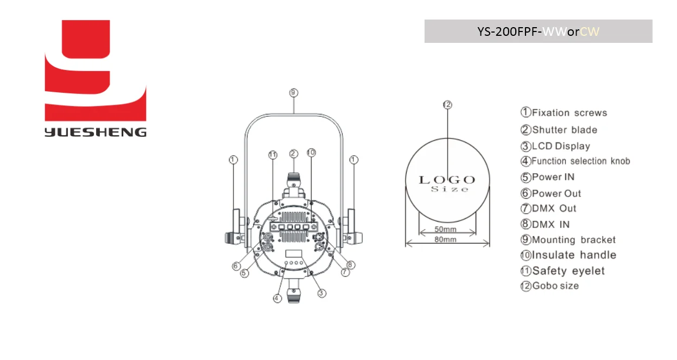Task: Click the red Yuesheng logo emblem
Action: pyautogui.click(x=95, y=71)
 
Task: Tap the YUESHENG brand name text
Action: pyautogui.click(x=96, y=132)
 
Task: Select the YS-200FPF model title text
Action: pyautogui.click(x=538, y=31)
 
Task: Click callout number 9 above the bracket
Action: pyautogui.click(x=294, y=92)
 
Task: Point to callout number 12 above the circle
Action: pyautogui.click(x=447, y=105)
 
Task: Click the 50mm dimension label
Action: pyautogui.click(x=445, y=229)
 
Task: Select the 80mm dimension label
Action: pyautogui.click(x=445, y=239)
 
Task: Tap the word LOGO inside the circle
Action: pyautogui.click(x=447, y=180)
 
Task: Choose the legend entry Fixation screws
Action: pyautogui.click(x=564, y=112)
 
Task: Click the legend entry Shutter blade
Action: pyautogui.click(x=559, y=130)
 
